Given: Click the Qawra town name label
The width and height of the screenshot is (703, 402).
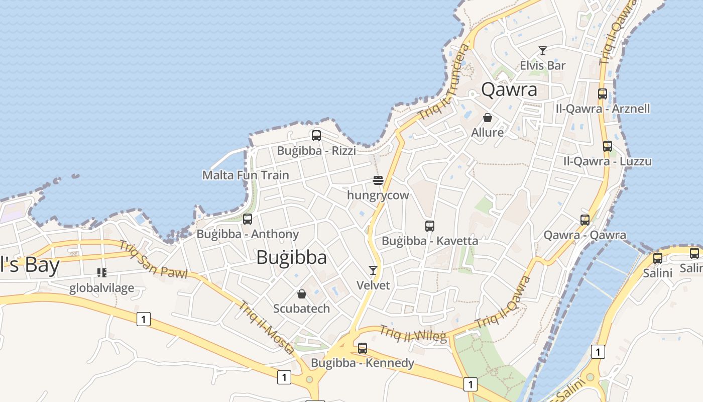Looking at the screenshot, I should [509, 89].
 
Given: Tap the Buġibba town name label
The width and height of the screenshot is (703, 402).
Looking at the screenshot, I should [291, 257].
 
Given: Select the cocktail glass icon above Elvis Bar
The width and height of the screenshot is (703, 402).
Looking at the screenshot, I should [542, 51].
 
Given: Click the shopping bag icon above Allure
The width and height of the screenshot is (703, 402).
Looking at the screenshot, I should [487, 118].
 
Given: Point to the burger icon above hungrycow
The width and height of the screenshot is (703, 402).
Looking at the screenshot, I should [378, 180].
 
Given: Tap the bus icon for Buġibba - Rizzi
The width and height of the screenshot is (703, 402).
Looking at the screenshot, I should [316, 135].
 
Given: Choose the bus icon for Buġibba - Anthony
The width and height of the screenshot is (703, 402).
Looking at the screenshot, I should [247, 219].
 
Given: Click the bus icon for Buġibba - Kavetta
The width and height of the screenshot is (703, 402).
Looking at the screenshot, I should [429, 226].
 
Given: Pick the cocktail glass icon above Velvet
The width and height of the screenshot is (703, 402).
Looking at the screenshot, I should [373, 270].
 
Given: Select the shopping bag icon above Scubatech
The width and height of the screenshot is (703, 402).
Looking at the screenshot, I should [302, 293].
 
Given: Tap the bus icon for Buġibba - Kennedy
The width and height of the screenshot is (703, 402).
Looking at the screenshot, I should [362, 348].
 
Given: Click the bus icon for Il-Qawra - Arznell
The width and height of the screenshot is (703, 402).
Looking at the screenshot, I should [603, 93].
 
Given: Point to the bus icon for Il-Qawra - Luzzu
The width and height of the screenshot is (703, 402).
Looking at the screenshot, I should [607, 146].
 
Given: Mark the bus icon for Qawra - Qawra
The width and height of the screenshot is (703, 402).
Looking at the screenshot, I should [585, 220].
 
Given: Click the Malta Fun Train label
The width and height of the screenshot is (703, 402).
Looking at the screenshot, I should [246, 175].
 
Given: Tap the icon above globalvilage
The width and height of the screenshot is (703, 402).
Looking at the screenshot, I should [102, 273].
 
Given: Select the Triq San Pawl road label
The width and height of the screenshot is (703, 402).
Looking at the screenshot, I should [153, 260].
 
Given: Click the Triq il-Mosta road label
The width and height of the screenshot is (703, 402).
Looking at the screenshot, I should [266, 327].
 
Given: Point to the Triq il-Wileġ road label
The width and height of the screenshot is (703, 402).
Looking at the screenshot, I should [413, 334].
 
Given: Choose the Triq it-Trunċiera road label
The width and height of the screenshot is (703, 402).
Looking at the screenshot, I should [444, 81].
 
